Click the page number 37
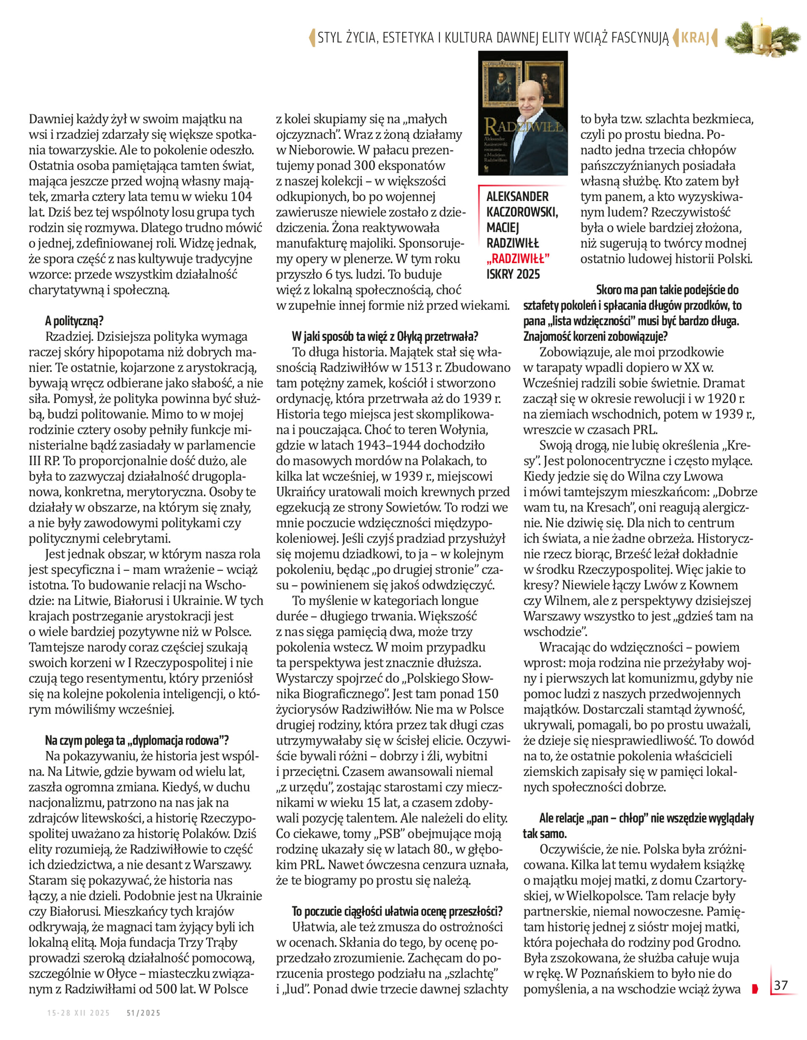tap(781, 985)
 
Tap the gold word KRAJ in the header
tap(695, 37)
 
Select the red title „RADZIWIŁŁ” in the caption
tap(518, 259)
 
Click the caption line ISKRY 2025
tap(513, 274)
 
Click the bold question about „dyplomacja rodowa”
tap(137, 740)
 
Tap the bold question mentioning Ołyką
tap(385, 336)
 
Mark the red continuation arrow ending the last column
tap(754, 989)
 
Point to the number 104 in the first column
tap(241, 196)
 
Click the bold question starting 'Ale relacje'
tap(646, 819)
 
